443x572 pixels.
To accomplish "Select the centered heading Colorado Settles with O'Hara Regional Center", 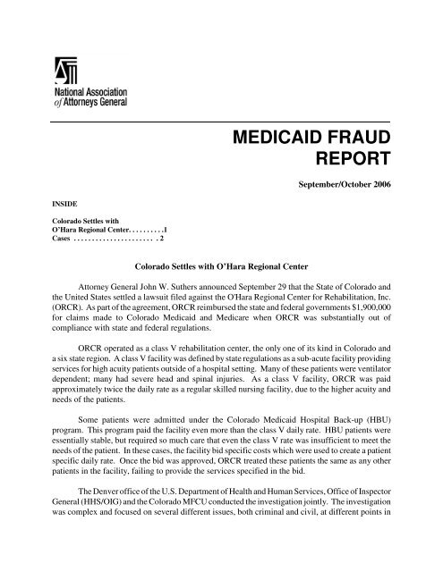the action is (x=220, y=266).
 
